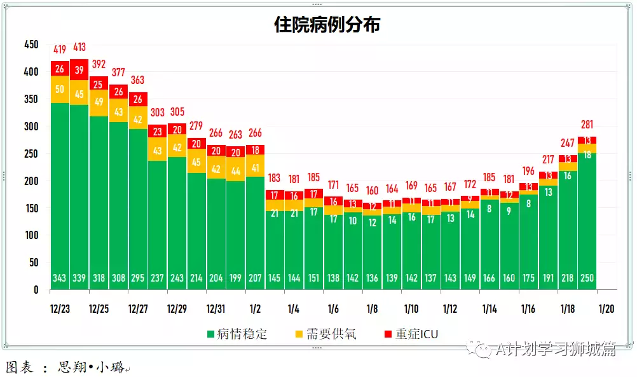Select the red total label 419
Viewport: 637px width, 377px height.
60,50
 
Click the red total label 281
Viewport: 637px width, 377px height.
587,125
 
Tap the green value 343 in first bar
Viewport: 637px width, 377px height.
60,278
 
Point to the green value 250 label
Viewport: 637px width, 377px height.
587,278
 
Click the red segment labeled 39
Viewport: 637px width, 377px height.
79,70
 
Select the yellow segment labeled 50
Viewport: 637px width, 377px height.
60,89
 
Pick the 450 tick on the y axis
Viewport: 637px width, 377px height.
31,45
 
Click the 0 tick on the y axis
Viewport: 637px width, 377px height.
36,289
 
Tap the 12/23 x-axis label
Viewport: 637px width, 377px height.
60,309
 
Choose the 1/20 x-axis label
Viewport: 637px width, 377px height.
606,309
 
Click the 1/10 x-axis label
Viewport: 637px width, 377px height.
411,309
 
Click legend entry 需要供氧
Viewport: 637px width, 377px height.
325,334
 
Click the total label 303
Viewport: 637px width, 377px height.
158,113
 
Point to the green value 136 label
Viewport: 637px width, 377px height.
372,278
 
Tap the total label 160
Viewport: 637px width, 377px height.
372,191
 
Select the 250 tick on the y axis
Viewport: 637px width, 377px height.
31,153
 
